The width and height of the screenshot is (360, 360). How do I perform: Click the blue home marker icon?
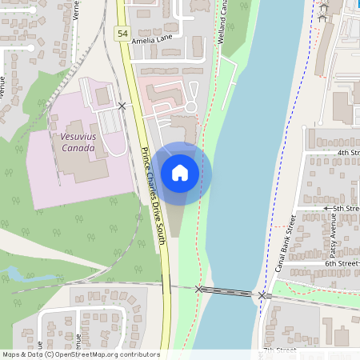point(180,172)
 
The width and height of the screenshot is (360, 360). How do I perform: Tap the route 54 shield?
point(122,33)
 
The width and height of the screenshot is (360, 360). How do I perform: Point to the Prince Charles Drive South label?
point(154,195)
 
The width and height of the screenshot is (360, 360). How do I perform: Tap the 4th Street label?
point(348,152)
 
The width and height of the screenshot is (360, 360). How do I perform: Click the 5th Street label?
point(346,208)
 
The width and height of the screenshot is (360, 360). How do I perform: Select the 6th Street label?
point(342,263)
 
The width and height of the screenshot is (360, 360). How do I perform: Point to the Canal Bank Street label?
point(286,242)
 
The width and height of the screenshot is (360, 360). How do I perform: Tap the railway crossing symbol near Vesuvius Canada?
point(122,106)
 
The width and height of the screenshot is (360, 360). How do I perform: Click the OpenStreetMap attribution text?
point(81,354)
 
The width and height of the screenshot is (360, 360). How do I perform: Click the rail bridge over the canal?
point(230,293)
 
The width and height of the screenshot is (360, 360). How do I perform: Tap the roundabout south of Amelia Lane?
point(190,106)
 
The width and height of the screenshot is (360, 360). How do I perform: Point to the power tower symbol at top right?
point(323,11)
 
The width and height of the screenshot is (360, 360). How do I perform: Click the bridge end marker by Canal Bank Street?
point(262,296)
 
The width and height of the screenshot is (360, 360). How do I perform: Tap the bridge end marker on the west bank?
point(199,290)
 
